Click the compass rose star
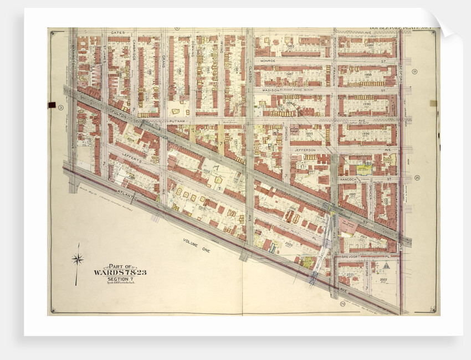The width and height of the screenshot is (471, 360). [78, 258]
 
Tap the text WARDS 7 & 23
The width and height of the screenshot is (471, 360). [120, 272]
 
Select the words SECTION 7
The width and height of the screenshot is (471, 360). [120, 279]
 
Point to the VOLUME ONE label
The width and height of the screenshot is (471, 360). [197, 244]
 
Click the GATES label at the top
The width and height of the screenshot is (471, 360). [117, 33]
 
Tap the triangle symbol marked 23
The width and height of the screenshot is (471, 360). [387, 265]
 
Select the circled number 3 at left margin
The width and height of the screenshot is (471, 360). [61, 107]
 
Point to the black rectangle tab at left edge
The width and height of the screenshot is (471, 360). [52, 104]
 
